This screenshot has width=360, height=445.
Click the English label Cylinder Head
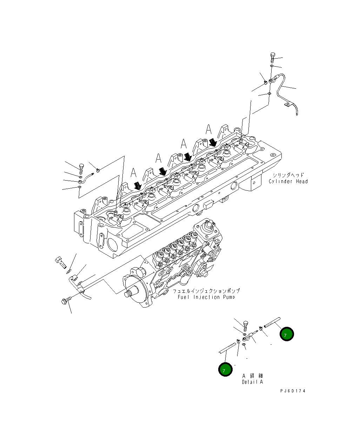point(288,181)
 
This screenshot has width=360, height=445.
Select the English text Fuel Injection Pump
point(206,297)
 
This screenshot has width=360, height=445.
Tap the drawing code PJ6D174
point(293,391)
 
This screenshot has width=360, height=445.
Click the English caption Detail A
point(252,382)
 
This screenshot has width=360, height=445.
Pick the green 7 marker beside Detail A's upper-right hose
point(286,335)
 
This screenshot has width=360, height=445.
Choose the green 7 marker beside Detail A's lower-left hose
point(225,369)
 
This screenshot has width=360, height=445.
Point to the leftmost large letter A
point(134,173)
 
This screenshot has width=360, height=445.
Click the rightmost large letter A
point(209,129)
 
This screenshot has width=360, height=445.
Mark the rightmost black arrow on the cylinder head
point(213,142)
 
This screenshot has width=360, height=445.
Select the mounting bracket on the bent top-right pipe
point(288,104)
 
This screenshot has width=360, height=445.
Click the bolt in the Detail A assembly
point(245,324)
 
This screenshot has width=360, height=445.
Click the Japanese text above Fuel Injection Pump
point(206,291)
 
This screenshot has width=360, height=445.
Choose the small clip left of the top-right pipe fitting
point(266,82)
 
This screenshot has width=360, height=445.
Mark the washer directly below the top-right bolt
point(272,66)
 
